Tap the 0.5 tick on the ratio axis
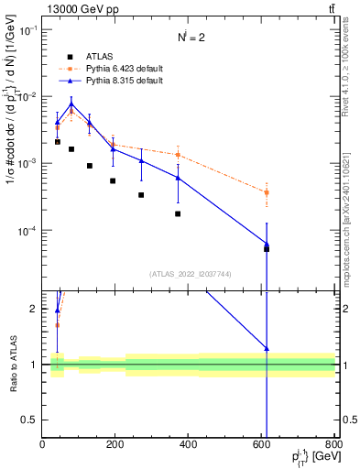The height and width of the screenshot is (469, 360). pos(31,420)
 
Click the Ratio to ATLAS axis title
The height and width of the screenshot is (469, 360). pos(13,364)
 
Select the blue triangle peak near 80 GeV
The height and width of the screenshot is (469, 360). pos(71,104)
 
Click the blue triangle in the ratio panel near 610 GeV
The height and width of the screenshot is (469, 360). pos(267,348)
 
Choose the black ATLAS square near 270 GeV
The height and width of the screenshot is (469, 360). pos(141,194)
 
